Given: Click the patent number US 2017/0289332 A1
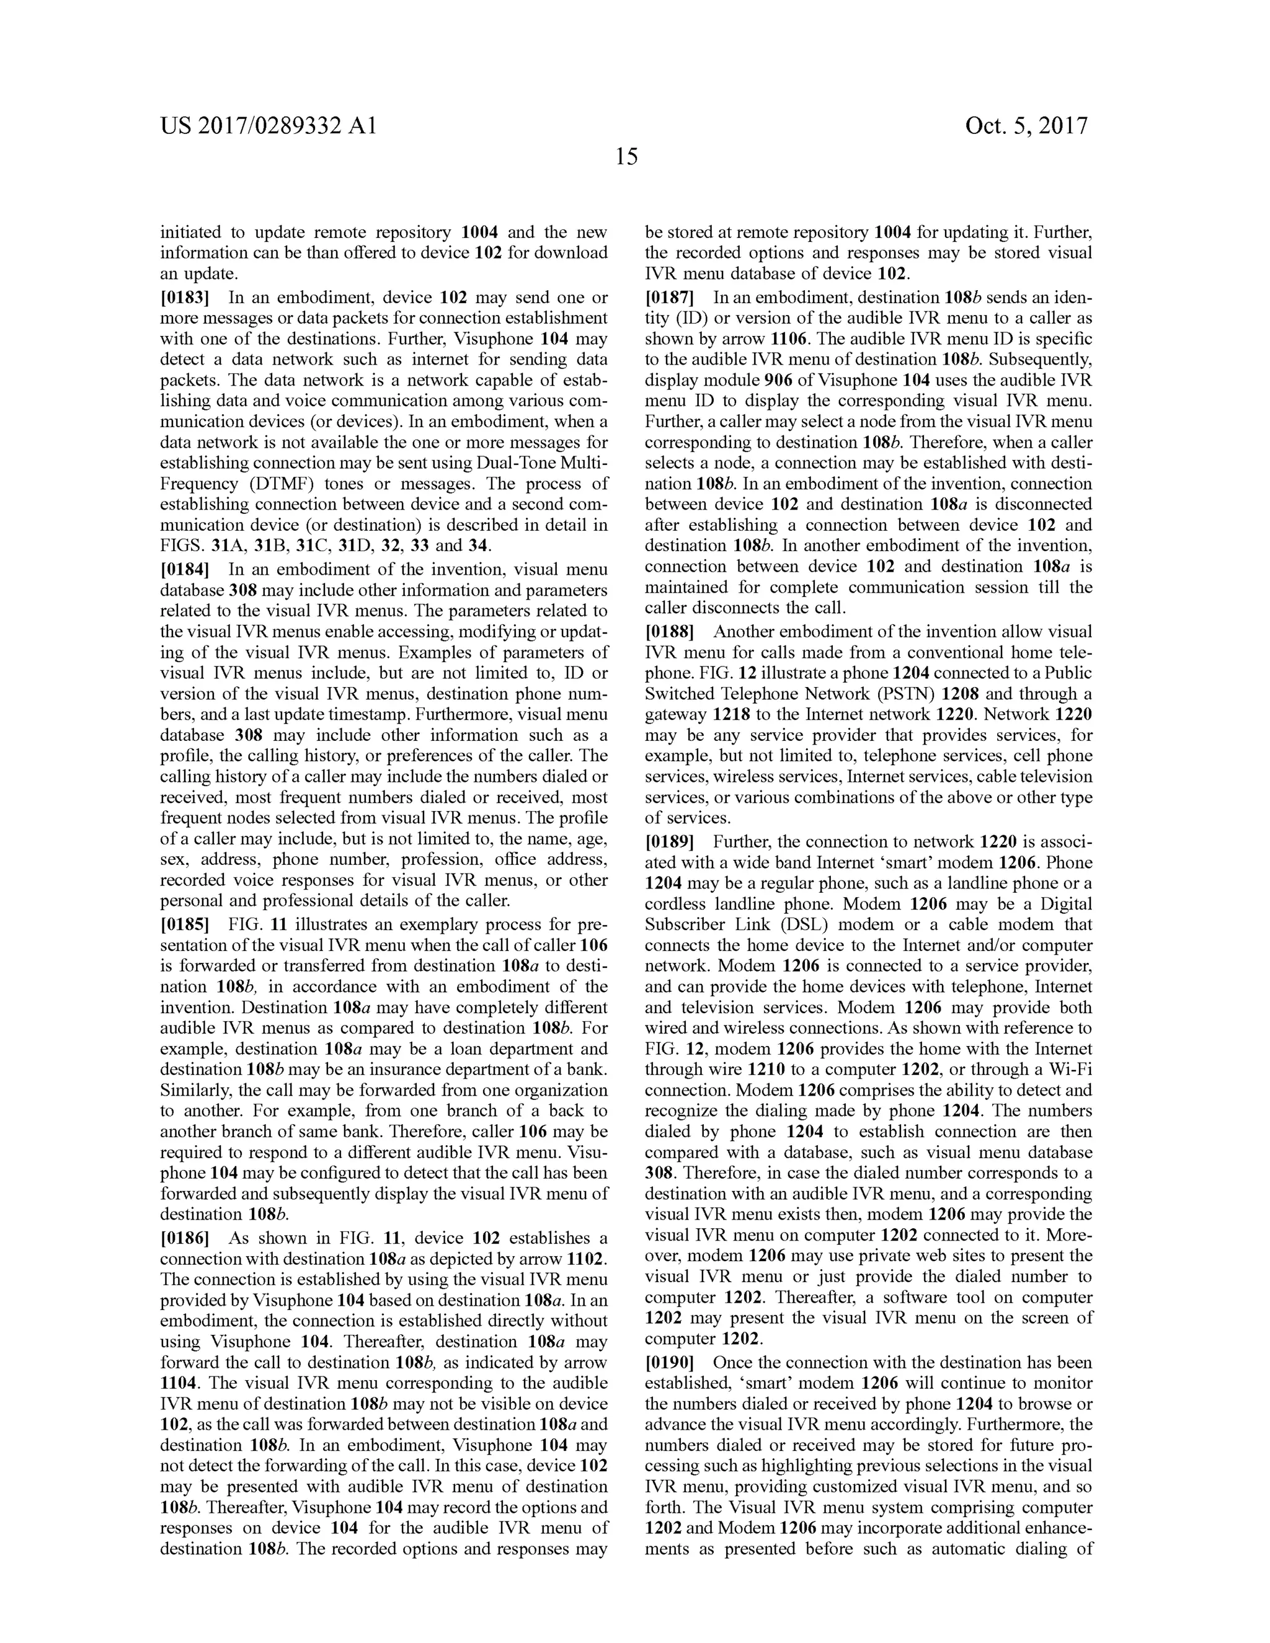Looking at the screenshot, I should [268, 126].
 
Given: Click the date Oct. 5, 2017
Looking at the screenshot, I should [1026, 126].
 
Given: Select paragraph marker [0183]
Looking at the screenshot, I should [184, 297].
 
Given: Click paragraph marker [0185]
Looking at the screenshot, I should [184, 924].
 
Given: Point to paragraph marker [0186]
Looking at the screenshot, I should [184, 1238].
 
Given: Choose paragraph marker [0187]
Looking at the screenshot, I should [669, 297].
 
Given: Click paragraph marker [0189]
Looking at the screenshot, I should [669, 842].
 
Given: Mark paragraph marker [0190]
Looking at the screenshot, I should [669, 1362].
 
